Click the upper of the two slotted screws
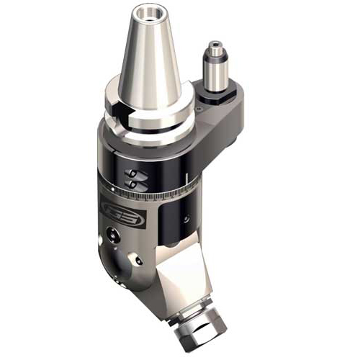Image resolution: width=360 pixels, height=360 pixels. tap(133, 174)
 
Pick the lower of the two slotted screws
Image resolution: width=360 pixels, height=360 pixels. tap(132, 184)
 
